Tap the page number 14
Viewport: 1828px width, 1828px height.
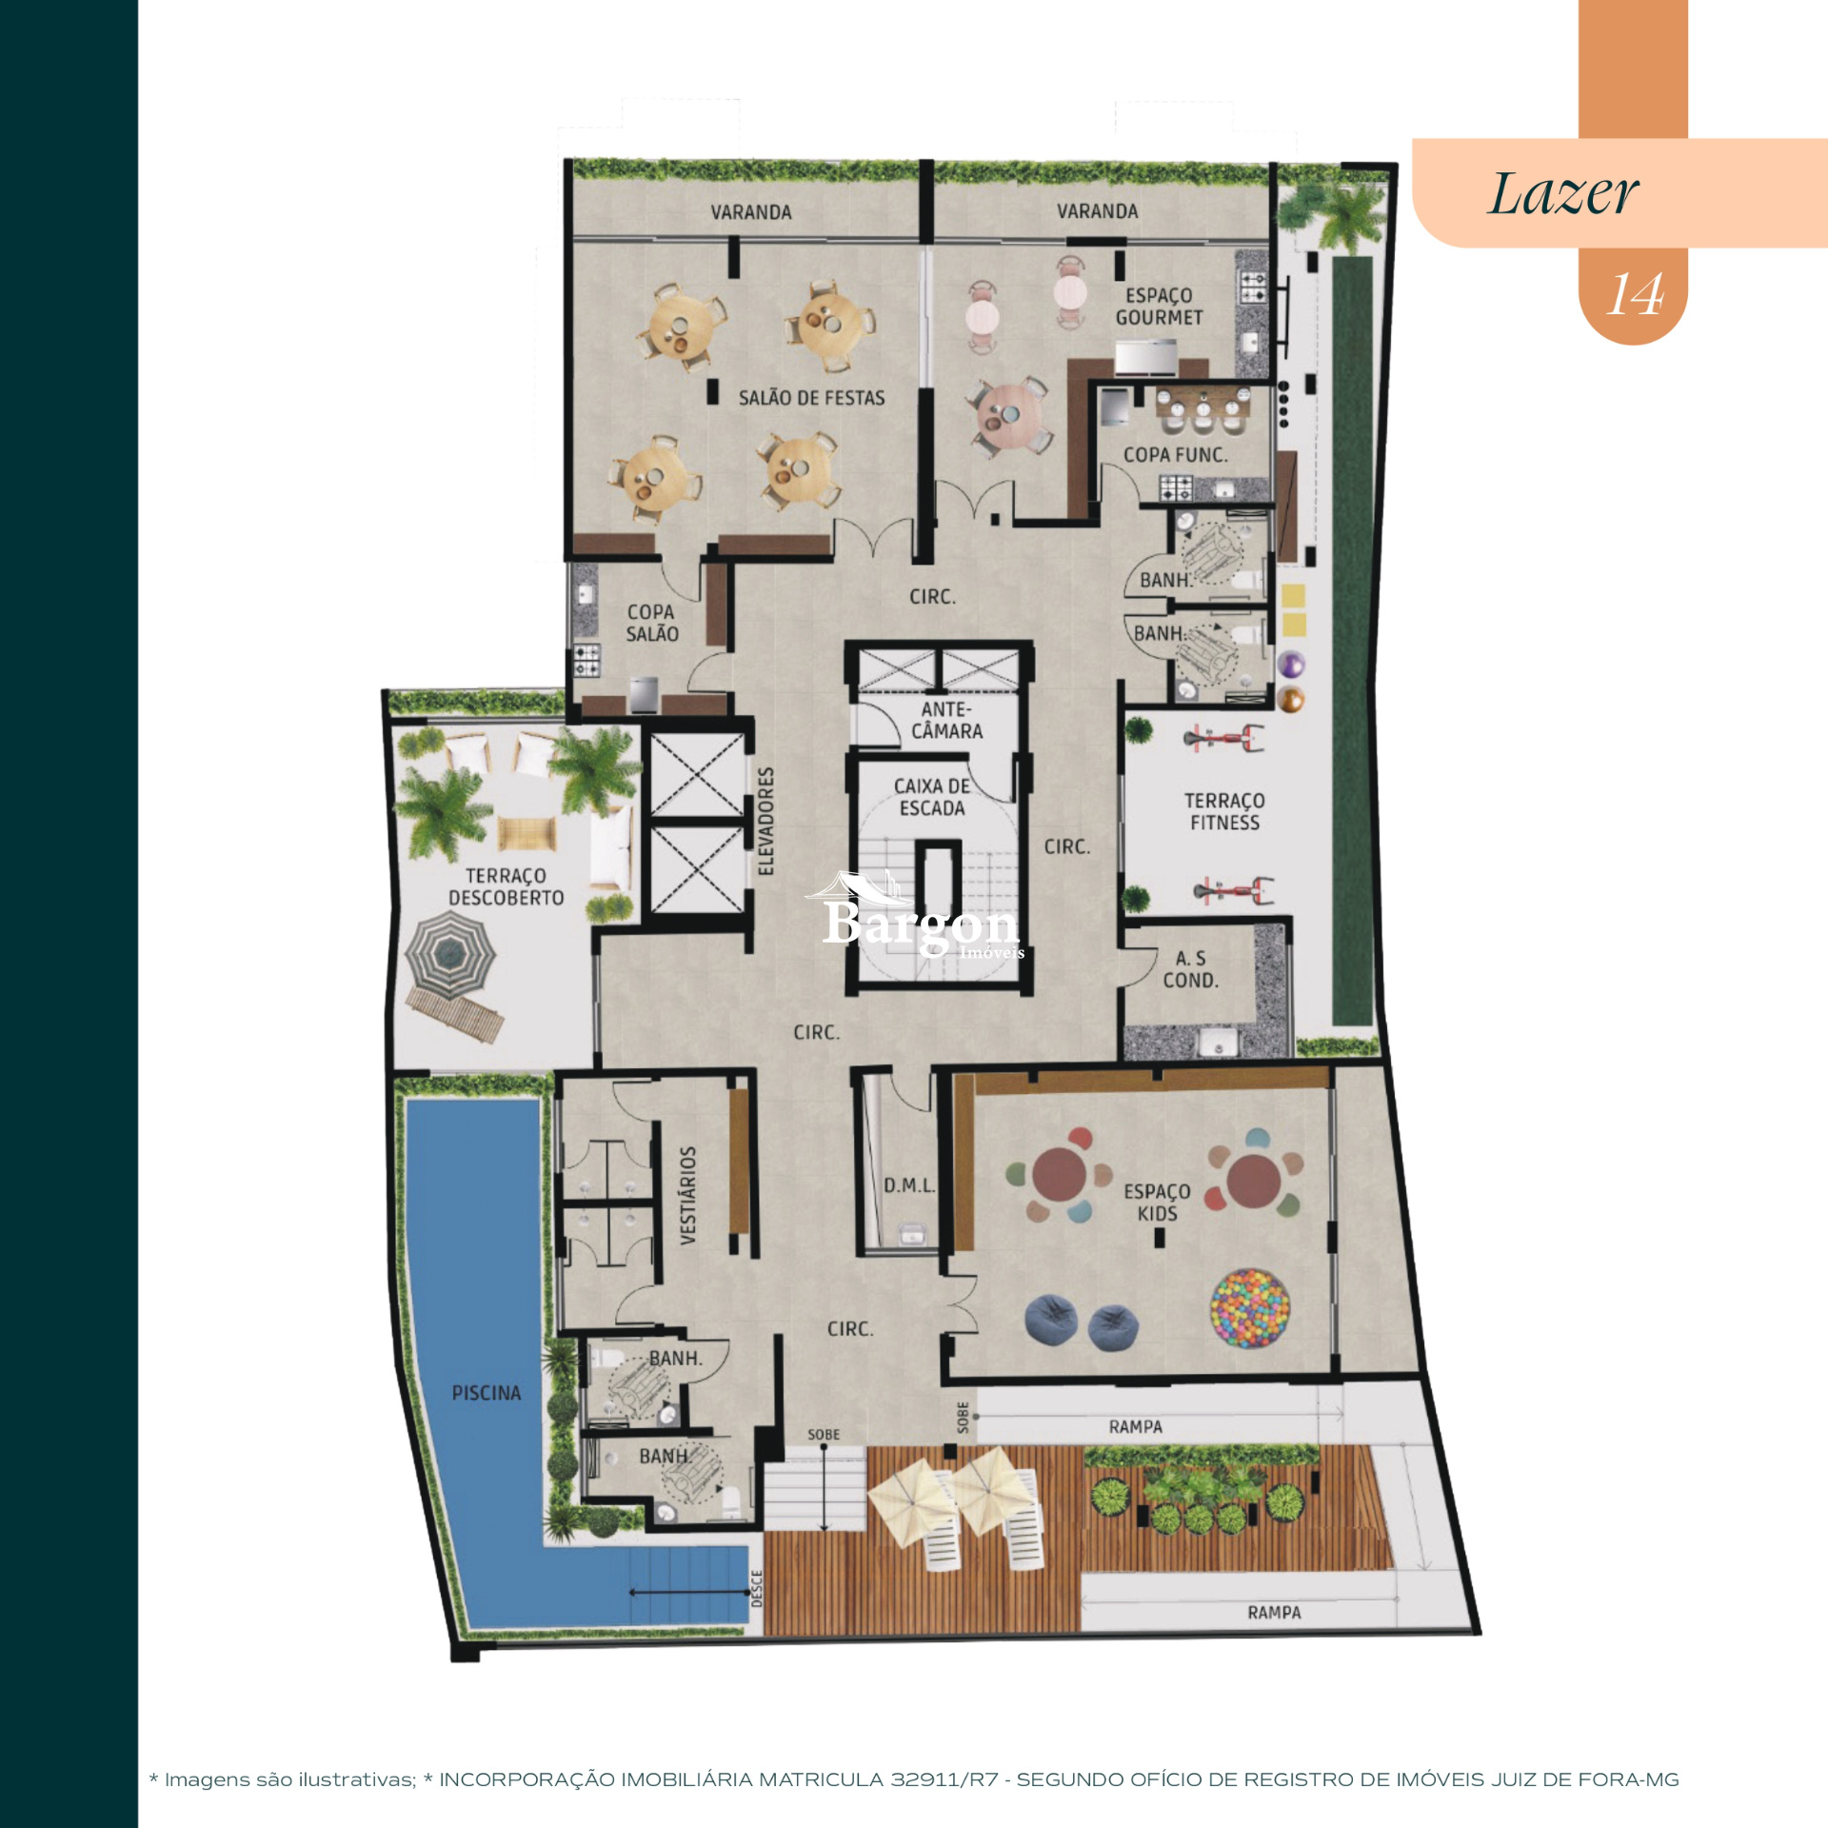[1635, 294]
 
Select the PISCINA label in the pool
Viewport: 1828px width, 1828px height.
[487, 1393]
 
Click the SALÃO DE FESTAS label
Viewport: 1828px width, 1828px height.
[811, 398]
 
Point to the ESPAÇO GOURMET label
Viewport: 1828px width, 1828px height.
[1159, 307]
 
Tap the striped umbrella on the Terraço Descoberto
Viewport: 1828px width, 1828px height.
[449, 953]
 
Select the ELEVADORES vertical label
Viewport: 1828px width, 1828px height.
[766, 821]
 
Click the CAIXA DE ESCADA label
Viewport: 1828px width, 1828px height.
[931, 797]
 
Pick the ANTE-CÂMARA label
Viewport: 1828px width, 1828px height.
[945, 720]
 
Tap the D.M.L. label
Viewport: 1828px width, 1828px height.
[908, 1185]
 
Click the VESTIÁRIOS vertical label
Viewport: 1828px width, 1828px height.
[687, 1195]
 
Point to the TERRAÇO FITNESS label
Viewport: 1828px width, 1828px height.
[1224, 811]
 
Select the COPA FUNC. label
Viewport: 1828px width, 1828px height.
[1175, 455]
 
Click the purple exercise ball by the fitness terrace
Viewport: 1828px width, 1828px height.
[1290, 664]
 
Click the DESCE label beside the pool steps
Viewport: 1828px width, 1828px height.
[757, 1589]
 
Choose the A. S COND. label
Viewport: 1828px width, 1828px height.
[1190, 969]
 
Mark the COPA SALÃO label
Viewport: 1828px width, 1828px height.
[651, 623]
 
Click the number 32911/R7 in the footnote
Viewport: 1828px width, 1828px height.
[944, 1779]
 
